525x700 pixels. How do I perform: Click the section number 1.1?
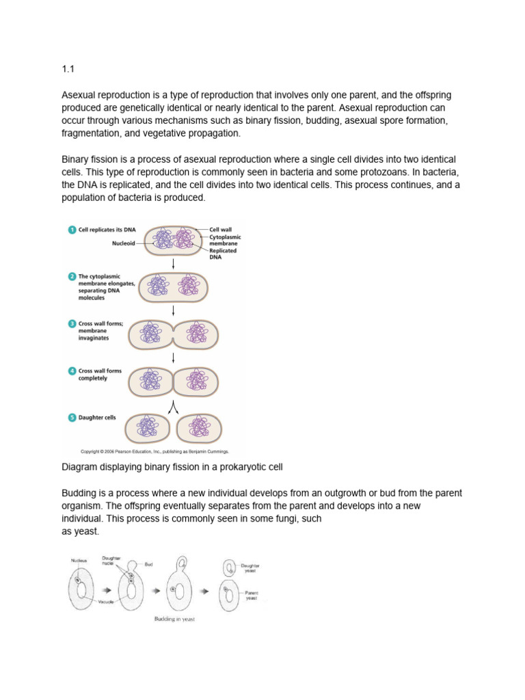[66, 69]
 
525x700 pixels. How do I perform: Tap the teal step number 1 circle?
[71, 230]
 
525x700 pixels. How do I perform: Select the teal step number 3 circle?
[71, 324]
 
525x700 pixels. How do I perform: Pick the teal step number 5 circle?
[71, 417]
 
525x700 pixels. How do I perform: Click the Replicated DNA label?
[223, 254]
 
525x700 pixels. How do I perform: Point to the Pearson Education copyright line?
[154, 451]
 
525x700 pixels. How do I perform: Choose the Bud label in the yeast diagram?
[148, 565]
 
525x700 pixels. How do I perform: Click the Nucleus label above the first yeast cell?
[78, 561]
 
